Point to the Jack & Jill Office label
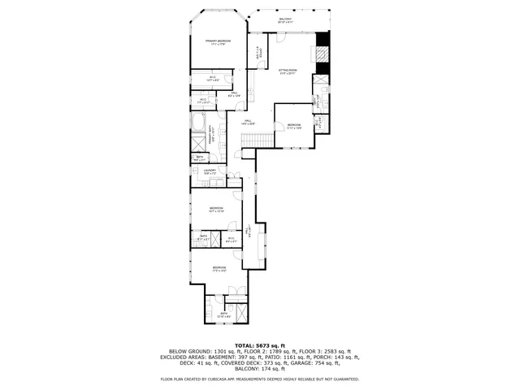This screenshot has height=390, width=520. point(259,56)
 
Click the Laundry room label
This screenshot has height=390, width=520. point(209,171)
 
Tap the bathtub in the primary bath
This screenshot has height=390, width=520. point(199,123)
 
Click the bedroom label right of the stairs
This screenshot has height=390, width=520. point(293,126)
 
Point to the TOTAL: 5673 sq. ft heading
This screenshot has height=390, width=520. point(260,344)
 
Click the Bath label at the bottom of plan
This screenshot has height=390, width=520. point(223,314)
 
